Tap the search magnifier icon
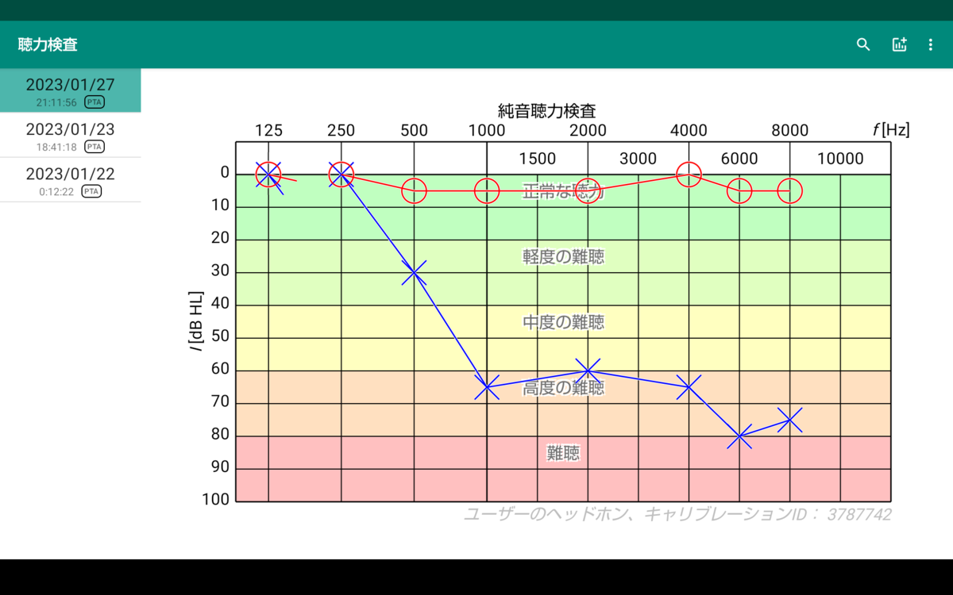[x=862, y=44]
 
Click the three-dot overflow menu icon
[x=931, y=44]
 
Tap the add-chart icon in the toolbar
[x=899, y=44]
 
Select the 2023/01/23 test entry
[x=70, y=136]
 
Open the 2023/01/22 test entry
[x=70, y=181]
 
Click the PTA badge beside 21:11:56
[x=94, y=102]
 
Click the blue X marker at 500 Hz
[x=414, y=272]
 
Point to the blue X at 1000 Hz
[x=487, y=387]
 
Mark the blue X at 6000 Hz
[x=739, y=436]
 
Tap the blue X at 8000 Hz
[x=790, y=420]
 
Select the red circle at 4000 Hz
[x=689, y=163]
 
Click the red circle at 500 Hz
[x=414, y=178]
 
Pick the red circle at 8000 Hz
[x=790, y=178]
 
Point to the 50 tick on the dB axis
[x=220, y=336]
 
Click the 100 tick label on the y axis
[x=215, y=499]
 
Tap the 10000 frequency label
[x=840, y=159]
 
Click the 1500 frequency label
[x=538, y=159]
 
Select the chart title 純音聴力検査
[x=546, y=111]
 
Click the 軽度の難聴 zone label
[x=563, y=257]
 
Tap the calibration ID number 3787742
[x=859, y=515]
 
